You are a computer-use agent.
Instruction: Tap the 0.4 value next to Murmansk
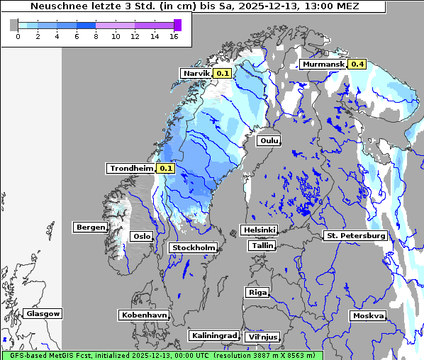click(x=357, y=64)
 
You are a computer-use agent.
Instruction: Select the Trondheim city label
click(x=131, y=169)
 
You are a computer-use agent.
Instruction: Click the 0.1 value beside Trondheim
click(x=165, y=169)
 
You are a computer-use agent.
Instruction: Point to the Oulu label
click(x=269, y=140)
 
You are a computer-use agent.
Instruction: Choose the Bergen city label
click(x=89, y=227)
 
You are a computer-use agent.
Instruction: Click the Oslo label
click(x=143, y=236)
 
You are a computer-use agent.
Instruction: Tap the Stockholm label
click(x=193, y=247)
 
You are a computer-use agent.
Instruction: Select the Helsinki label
click(x=258, y=230)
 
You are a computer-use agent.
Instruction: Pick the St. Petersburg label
click(x=355, y=235)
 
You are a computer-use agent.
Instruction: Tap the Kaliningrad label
click(x=213, y=335)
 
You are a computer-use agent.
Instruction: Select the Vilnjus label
click(x=262, y=337)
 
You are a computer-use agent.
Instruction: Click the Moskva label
click(x=368, y=315)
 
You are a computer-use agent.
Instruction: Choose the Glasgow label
click(x=43, y=313)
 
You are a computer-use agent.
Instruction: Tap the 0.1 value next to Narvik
click(x=223, y=73)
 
